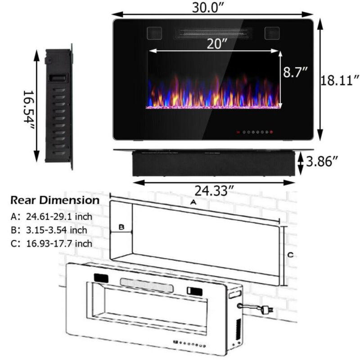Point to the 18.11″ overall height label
(339, 81)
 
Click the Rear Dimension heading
(55, 200)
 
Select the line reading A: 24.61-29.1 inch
(51, 216)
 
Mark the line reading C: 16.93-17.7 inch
(51, 243)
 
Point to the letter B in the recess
(121, 228)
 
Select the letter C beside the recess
(291, 255)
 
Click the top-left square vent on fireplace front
(154, 33)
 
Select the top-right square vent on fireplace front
(272, 33)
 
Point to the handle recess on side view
(59, 78)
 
